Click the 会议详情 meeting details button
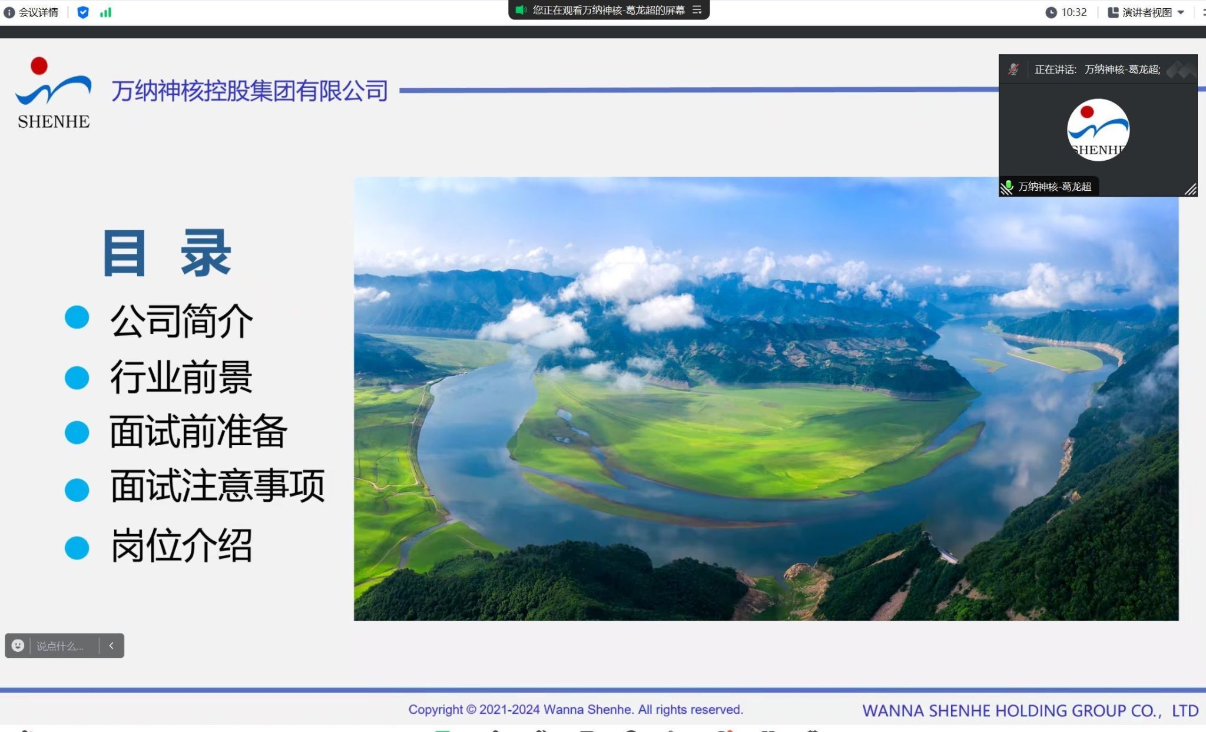pos(31,12)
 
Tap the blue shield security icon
pos(83,12)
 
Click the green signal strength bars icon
pos(105,12)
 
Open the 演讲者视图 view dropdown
pos(1146,12)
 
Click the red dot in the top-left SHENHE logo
pos(39,66)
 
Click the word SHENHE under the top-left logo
pos(54,121)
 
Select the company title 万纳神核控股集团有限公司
pos(250,91)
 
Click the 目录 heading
pos(167,253)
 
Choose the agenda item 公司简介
pos(182,321)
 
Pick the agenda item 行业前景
pos(181,377)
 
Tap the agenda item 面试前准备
pos(198,432)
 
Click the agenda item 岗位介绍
pos(182,545)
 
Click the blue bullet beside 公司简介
pos(77,317)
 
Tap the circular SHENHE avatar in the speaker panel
pos(1098,130)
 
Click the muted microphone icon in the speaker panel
pos(1013,69)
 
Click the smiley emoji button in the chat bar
pos(18,645)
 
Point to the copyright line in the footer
pos(576,710)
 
